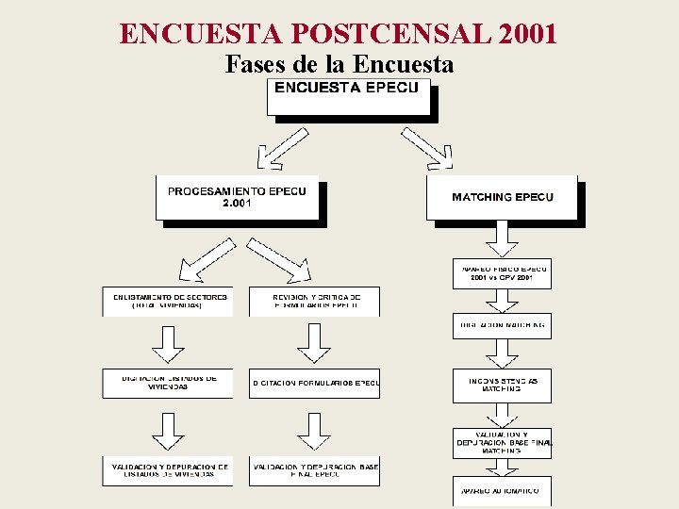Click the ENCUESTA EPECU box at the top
(348, 97)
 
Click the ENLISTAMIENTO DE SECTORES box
(167, 301)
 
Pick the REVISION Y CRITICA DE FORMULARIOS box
(314, 301)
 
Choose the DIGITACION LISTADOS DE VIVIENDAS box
(167, 383)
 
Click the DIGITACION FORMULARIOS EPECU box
(314, 383)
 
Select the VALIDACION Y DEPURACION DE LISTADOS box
(167, 470)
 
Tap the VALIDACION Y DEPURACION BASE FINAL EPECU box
(314, 470)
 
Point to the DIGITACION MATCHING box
(502, 324)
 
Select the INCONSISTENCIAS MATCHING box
(502, 385)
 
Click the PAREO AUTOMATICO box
(502, 490)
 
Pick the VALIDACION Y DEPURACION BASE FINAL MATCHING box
(502, 443)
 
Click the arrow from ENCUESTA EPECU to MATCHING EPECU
(427, 148)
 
